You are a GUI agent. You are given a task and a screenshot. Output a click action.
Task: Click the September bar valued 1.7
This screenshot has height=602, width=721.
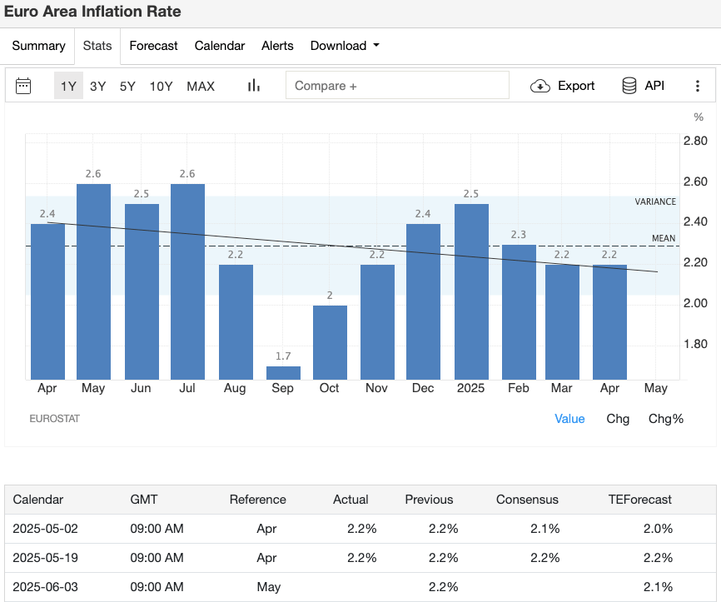coord(283,372)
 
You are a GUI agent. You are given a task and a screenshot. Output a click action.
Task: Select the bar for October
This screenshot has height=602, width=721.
coord(330,342)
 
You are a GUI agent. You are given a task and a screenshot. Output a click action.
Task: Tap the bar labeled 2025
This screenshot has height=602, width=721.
coord(471,291)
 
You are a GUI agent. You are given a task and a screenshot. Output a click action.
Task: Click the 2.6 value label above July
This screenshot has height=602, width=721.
coord(188,173)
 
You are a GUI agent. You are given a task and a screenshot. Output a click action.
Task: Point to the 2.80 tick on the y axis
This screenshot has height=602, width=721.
coord(695,141)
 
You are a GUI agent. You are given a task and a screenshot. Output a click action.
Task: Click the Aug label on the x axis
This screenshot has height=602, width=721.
coord(236,388)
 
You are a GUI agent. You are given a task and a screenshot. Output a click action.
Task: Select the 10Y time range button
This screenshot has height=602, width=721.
coord(162,86)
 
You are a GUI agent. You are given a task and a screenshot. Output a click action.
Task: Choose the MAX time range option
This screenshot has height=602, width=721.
coord(201,86)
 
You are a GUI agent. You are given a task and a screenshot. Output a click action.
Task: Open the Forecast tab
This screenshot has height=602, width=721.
coord(153,46)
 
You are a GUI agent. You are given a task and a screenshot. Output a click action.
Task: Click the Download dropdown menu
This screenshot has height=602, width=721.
coord(345,46)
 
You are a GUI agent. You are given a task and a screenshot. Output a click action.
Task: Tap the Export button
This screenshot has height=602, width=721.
coord(564,86)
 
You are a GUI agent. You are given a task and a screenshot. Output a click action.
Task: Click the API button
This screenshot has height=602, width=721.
coord(643,86)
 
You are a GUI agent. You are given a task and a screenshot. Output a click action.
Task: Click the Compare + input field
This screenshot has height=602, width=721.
coord(397,86)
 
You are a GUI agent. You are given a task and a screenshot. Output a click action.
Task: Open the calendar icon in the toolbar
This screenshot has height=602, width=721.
coord(23,86)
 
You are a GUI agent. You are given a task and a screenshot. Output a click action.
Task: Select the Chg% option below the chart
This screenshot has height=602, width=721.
coord(666,419)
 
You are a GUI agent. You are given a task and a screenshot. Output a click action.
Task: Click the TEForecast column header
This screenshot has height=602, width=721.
coord(640,500)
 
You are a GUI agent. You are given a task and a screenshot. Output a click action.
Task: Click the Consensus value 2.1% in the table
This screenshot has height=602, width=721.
coord(544,529)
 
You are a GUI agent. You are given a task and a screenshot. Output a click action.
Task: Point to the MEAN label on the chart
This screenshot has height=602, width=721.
coord(664,239)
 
